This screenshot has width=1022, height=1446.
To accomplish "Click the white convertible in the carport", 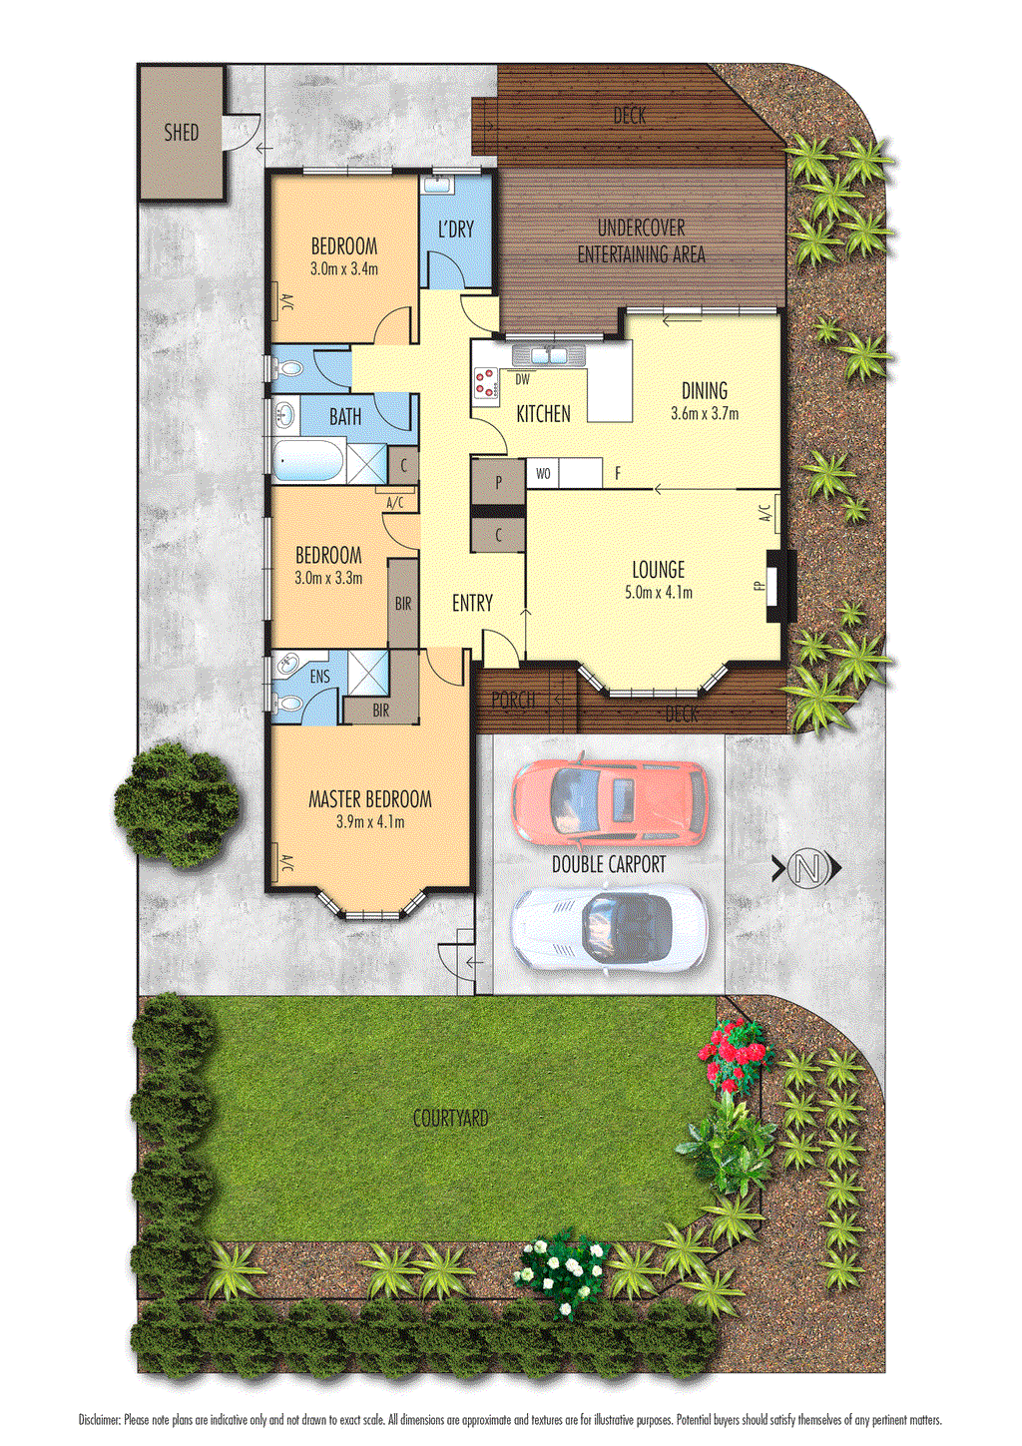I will pos(610,927).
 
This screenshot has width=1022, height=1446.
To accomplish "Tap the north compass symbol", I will pos(807,869).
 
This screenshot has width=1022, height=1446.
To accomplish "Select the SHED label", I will pos(182,132).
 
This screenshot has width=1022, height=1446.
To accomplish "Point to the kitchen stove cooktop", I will pos(486,382).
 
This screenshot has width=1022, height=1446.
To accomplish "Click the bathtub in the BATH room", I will pos(309,463).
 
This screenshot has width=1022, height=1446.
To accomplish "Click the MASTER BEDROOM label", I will pos(369,799).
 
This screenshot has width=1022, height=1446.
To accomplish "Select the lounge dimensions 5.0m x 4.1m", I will pos(658,592).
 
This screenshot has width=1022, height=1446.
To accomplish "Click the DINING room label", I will pos(704,391).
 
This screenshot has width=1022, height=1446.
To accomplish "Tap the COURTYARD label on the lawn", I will pos(451,1119).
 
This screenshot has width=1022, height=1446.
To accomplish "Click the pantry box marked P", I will pos(498,481).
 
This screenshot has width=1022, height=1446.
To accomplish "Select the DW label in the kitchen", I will pos(522,379).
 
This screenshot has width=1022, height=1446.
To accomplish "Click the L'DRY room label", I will pos(455,229).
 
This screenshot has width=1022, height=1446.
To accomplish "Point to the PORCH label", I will pos(513,701).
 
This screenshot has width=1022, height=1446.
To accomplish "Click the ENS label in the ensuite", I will pos(319,678).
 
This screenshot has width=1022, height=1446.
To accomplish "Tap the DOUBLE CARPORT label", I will pos(609,864).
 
